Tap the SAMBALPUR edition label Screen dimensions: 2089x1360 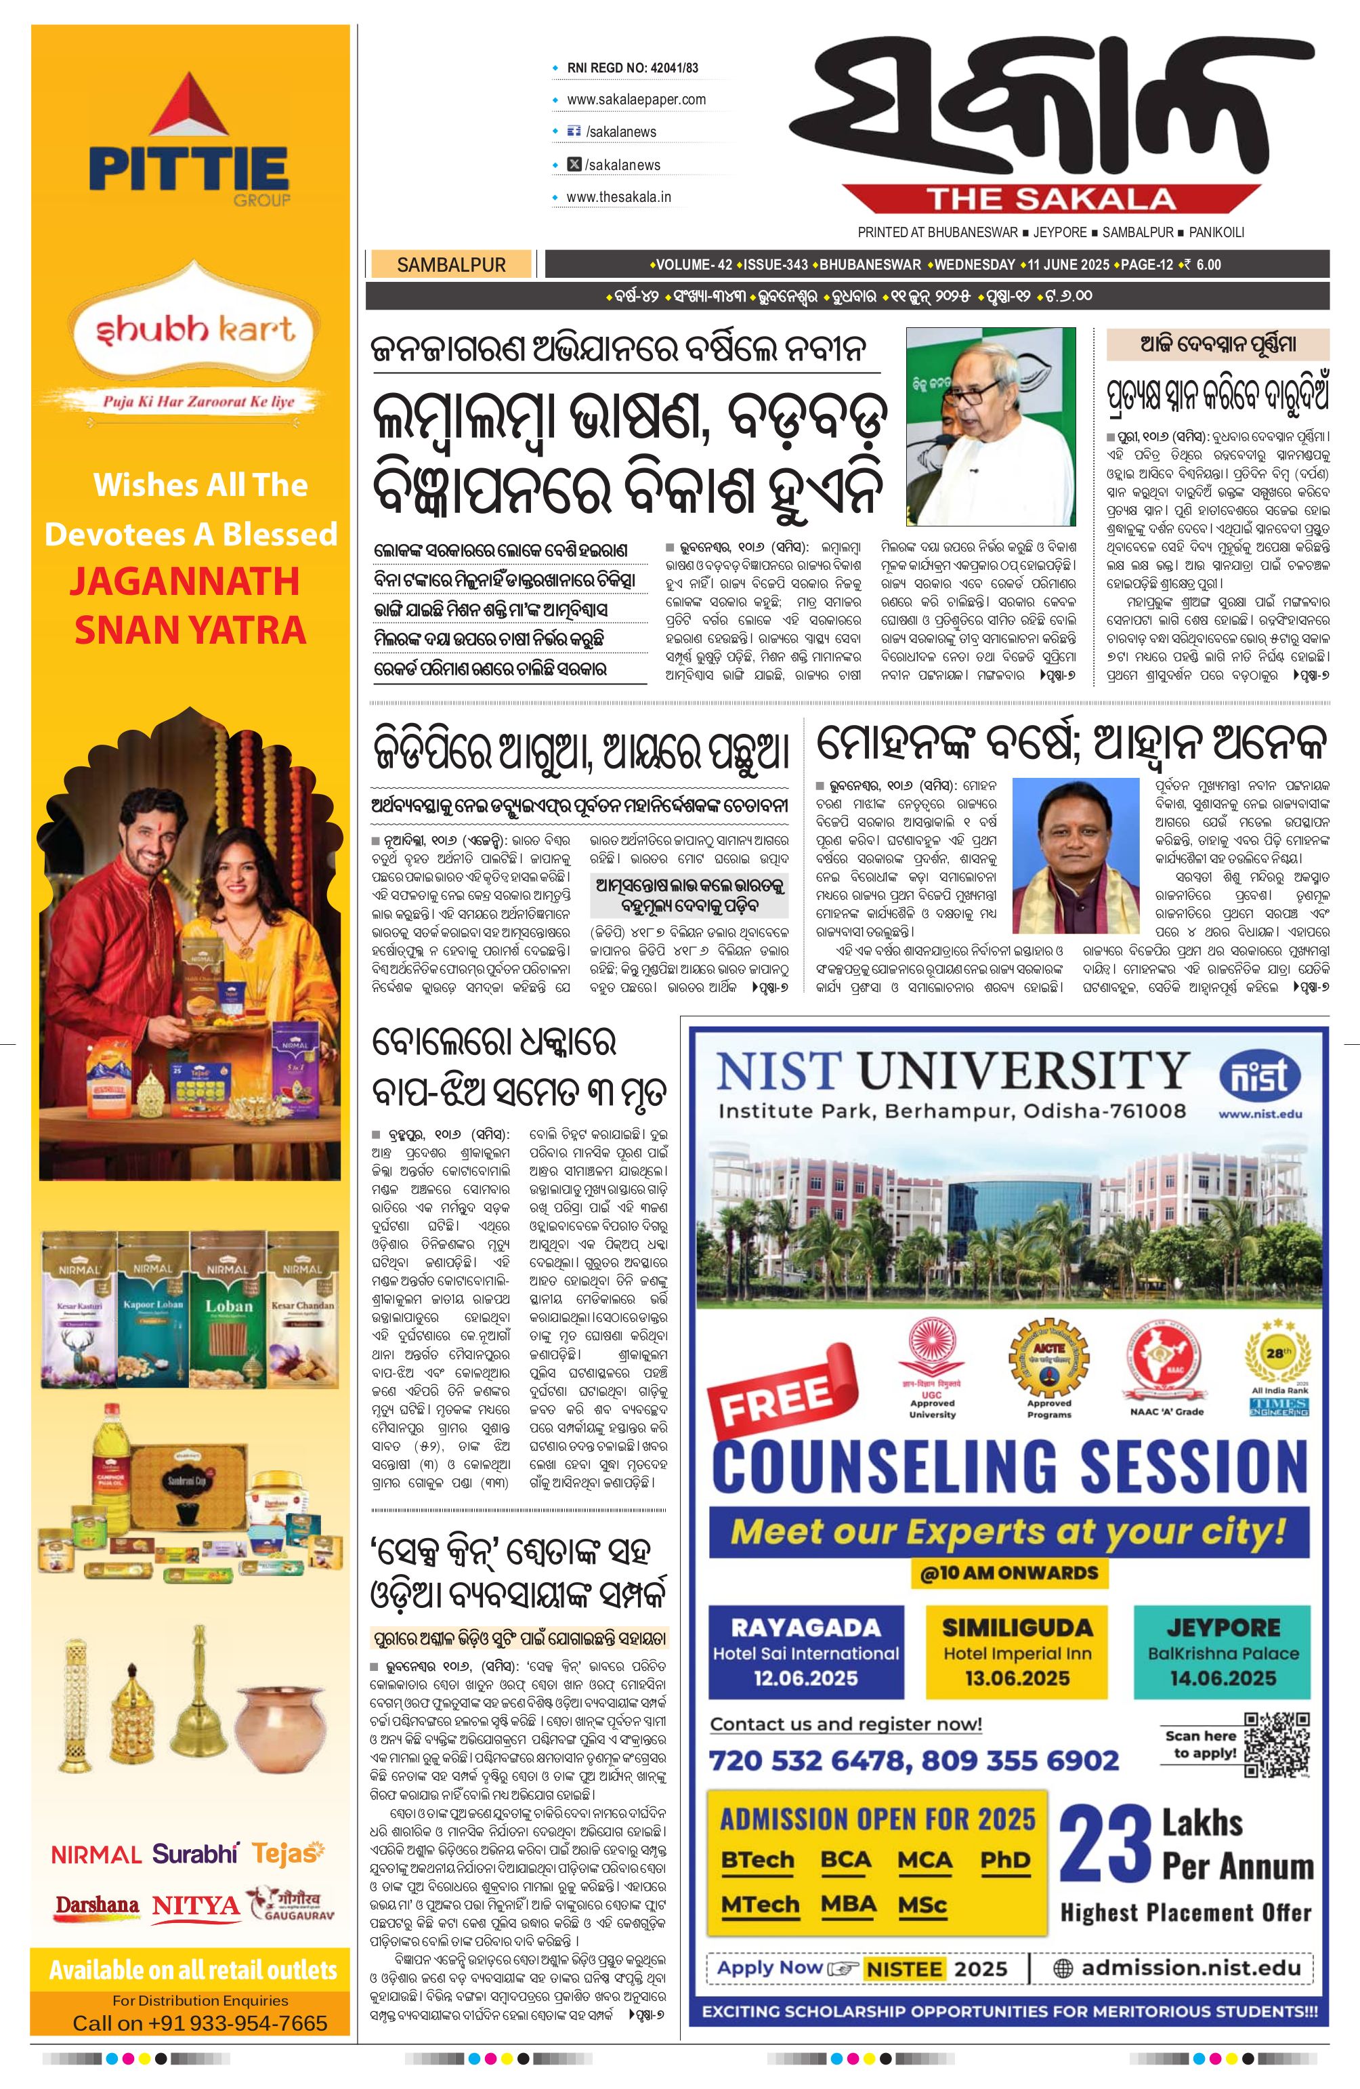451,264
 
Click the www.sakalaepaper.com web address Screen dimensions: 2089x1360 636,99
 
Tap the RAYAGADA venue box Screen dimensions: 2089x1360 805,1653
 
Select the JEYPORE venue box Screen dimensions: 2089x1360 1223,1653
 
